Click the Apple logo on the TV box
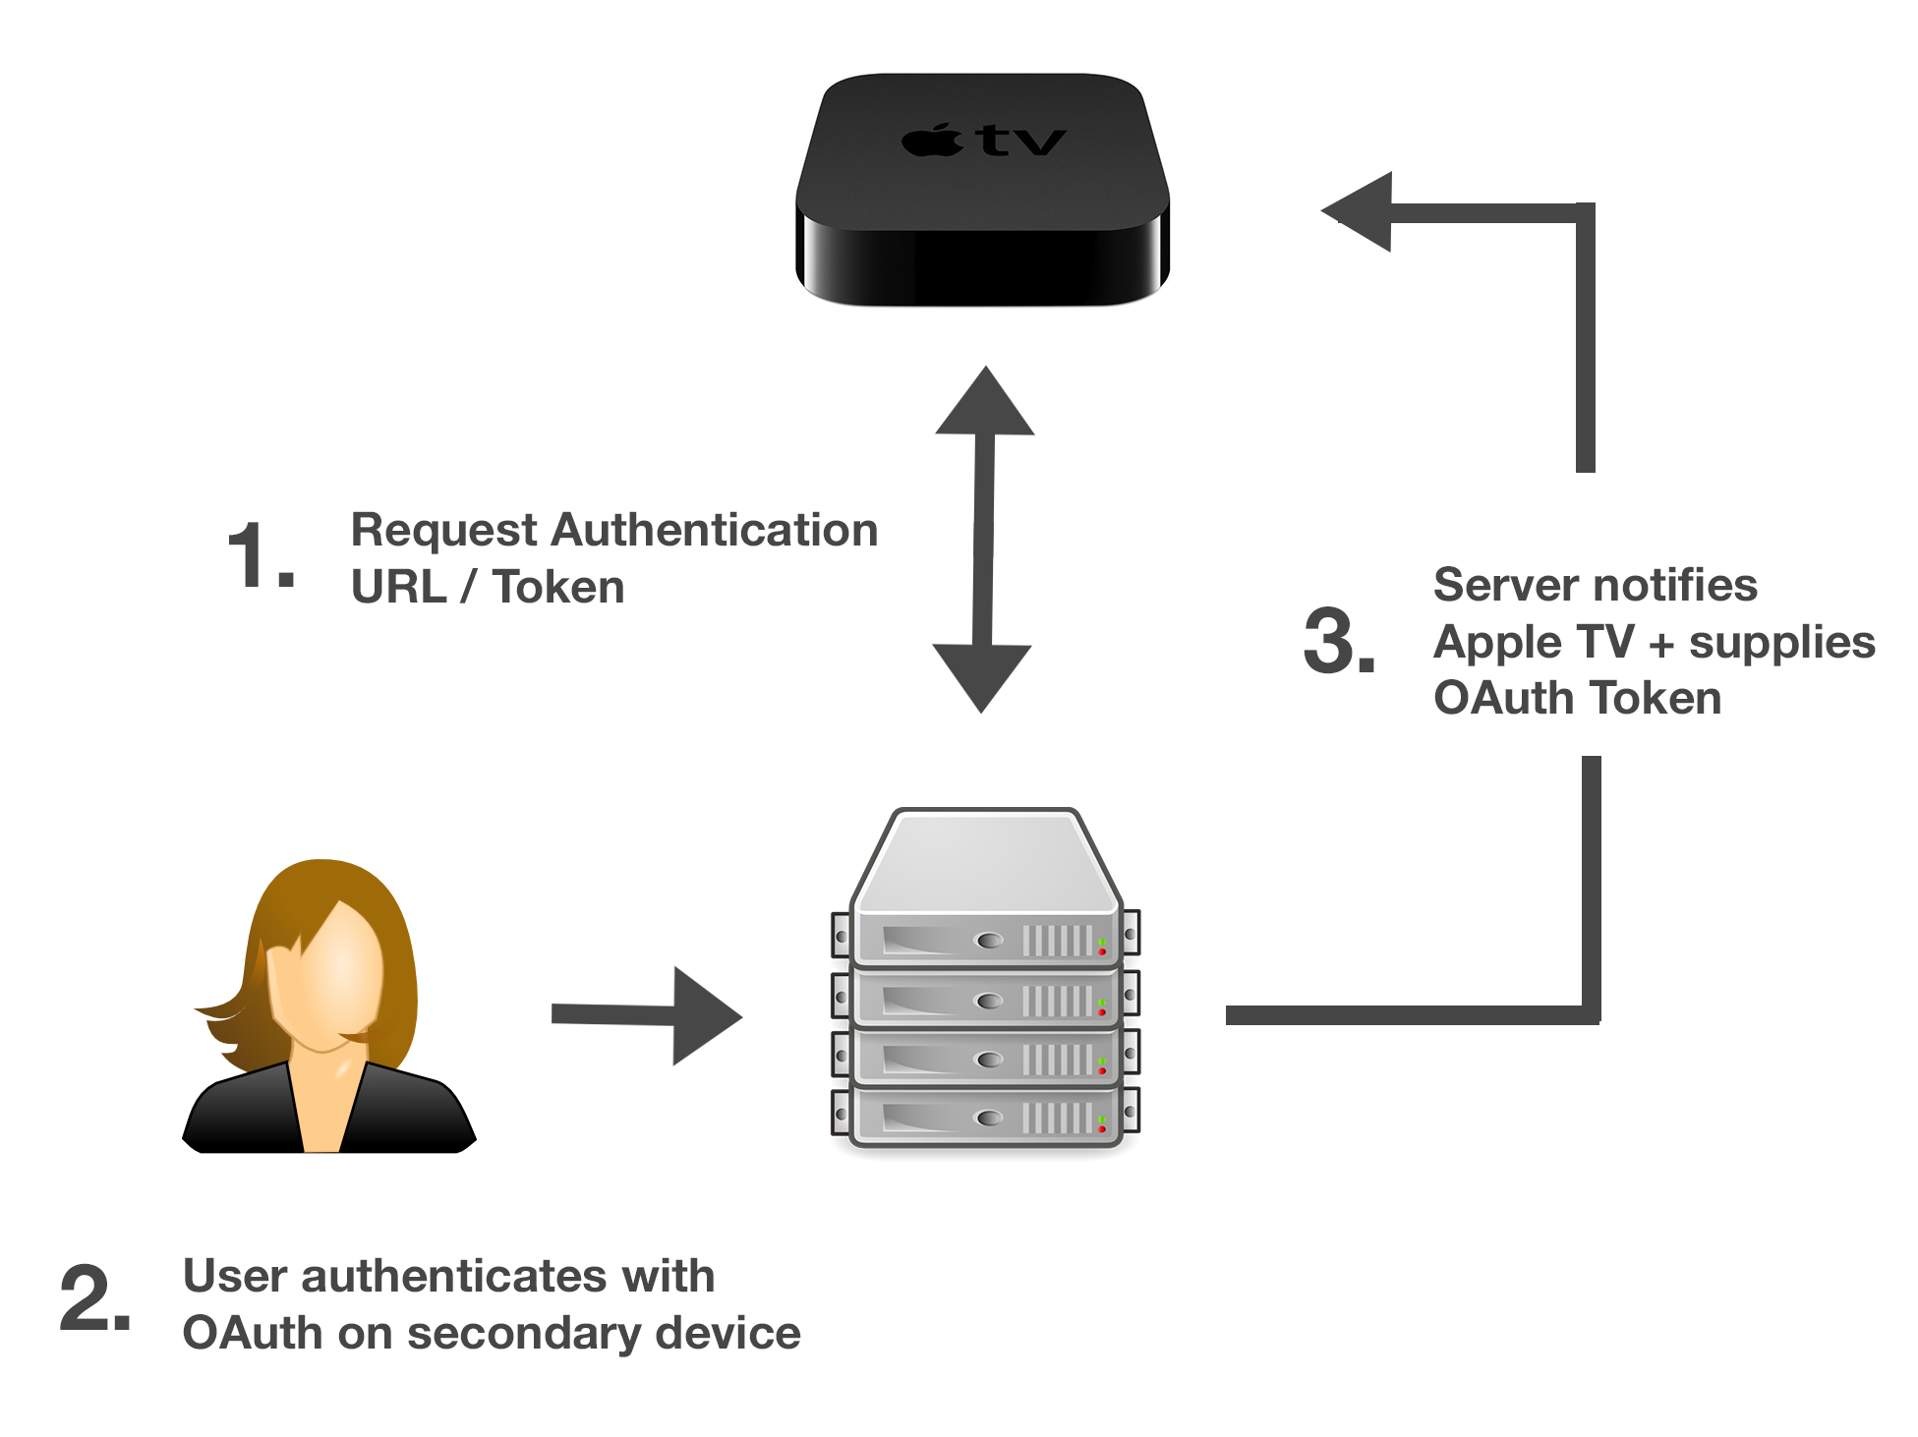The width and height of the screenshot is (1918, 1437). pos(932,141)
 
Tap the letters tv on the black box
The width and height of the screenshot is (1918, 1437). pos(1022,141)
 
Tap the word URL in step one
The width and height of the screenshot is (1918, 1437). pos(398,588)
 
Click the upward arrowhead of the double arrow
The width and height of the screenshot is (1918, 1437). pos(985,403)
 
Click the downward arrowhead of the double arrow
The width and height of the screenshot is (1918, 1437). pos(981,676)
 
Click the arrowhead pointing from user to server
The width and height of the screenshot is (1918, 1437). pos(704,1016)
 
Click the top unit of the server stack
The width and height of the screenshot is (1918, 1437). pos(985,939)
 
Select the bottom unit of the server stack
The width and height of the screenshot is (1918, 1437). pos(985,1118)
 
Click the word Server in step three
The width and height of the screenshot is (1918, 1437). pos(1496,586)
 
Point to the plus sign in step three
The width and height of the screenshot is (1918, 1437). pos(1660,645)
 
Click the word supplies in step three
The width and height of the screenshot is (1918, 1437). pos(1781,645)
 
